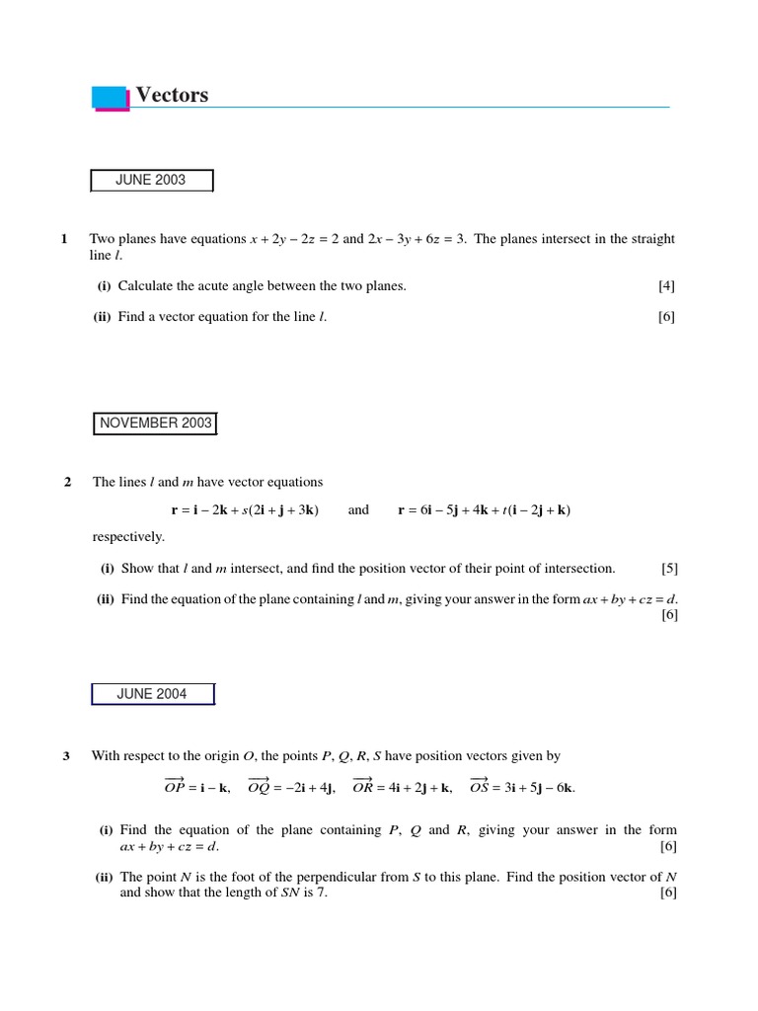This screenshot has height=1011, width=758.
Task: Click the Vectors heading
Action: pos(172,95)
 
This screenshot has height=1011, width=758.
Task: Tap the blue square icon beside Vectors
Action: pos(111,98)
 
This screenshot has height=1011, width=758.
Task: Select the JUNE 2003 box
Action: pos(151,181)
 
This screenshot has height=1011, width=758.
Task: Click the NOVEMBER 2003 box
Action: pos(155,424)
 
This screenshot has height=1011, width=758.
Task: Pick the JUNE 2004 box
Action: pos(152,694)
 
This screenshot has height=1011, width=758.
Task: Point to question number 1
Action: pos(64,239)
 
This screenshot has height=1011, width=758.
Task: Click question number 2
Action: pos(68,482)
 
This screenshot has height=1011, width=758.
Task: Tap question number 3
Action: pos(66,756)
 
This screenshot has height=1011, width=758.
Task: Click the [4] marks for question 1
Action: pos(667,286)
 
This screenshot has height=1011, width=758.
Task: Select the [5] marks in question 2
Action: pos(669,569)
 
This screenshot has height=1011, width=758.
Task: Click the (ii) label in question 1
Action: pos(103,317)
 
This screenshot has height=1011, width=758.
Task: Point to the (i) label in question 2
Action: pos(107,569)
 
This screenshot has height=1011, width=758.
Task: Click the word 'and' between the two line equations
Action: pos(358,510)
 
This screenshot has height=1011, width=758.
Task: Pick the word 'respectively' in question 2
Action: pos(128,537)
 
